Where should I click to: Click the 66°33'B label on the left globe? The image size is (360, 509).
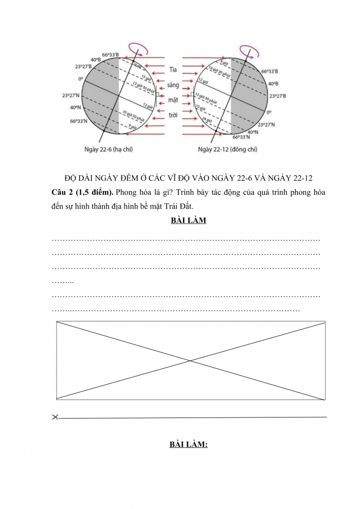111,55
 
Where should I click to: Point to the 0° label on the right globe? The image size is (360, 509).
269,111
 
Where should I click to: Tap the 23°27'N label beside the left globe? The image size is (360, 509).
73,96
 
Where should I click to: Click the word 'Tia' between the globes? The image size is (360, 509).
173,69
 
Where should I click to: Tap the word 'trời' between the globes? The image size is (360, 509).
173,115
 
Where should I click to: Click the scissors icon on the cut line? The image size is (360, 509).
55,417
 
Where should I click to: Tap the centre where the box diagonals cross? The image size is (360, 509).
191,360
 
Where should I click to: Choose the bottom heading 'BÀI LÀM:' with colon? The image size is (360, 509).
188,445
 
